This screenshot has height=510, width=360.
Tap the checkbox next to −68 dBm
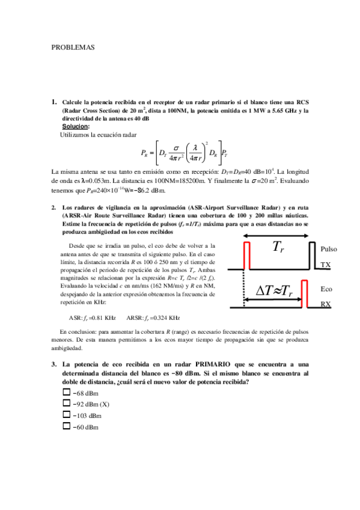[x=66, y=392]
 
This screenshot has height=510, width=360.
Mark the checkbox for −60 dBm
[x=66, y=427]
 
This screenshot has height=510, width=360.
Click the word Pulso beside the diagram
[x=329, y=249]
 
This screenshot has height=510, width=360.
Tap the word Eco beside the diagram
[x=326, y=289]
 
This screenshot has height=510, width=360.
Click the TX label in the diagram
[x=325, y=265]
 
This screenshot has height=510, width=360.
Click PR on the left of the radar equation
[x=144, y=153]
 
